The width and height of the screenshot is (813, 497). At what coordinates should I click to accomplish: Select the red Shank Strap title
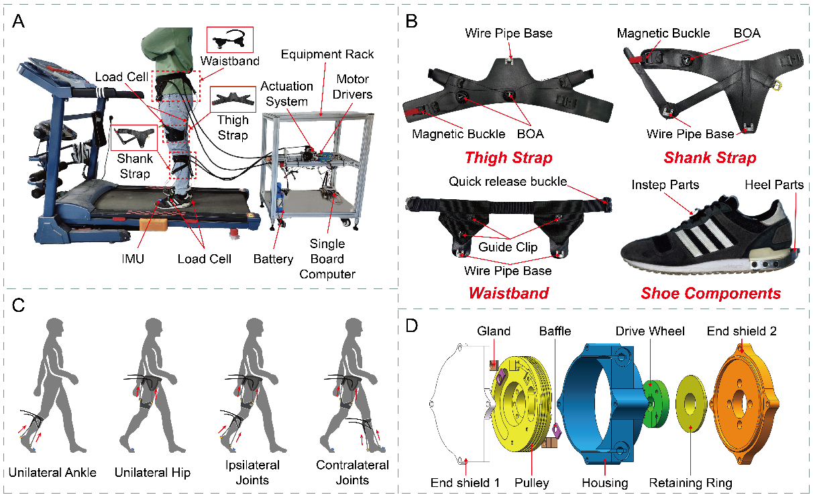[x=710, y=158]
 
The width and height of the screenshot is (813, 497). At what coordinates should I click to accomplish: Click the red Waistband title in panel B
[x=509, y=293]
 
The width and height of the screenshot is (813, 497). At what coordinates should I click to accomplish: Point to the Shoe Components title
[x=710, y=293]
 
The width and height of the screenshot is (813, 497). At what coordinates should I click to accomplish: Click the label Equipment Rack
[x=327, y=54]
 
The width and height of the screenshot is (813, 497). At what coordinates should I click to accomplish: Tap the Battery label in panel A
[x=273, y=259]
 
